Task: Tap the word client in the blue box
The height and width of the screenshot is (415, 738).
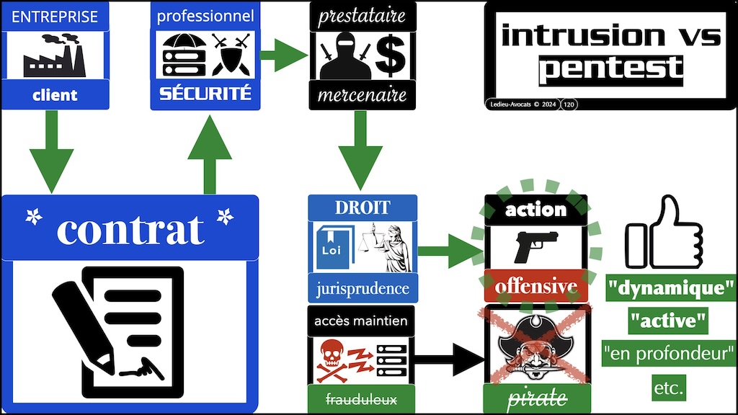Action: click(x=55, y=94)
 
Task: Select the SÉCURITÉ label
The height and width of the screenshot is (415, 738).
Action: click(x=205, y=94)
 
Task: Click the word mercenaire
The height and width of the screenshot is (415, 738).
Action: click(x=362, y=95)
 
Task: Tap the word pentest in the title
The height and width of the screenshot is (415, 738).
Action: click(x=610, y=69)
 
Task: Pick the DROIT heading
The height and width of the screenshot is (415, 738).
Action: click(x=362, y=207)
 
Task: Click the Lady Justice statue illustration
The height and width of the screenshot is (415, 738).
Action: click(x=390, y=246)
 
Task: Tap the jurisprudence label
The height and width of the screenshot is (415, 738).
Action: click(x=362, y=289)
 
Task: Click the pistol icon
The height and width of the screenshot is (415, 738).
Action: click(x=535, y=246)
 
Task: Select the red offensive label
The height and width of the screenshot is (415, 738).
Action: click(x=535, y=287)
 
